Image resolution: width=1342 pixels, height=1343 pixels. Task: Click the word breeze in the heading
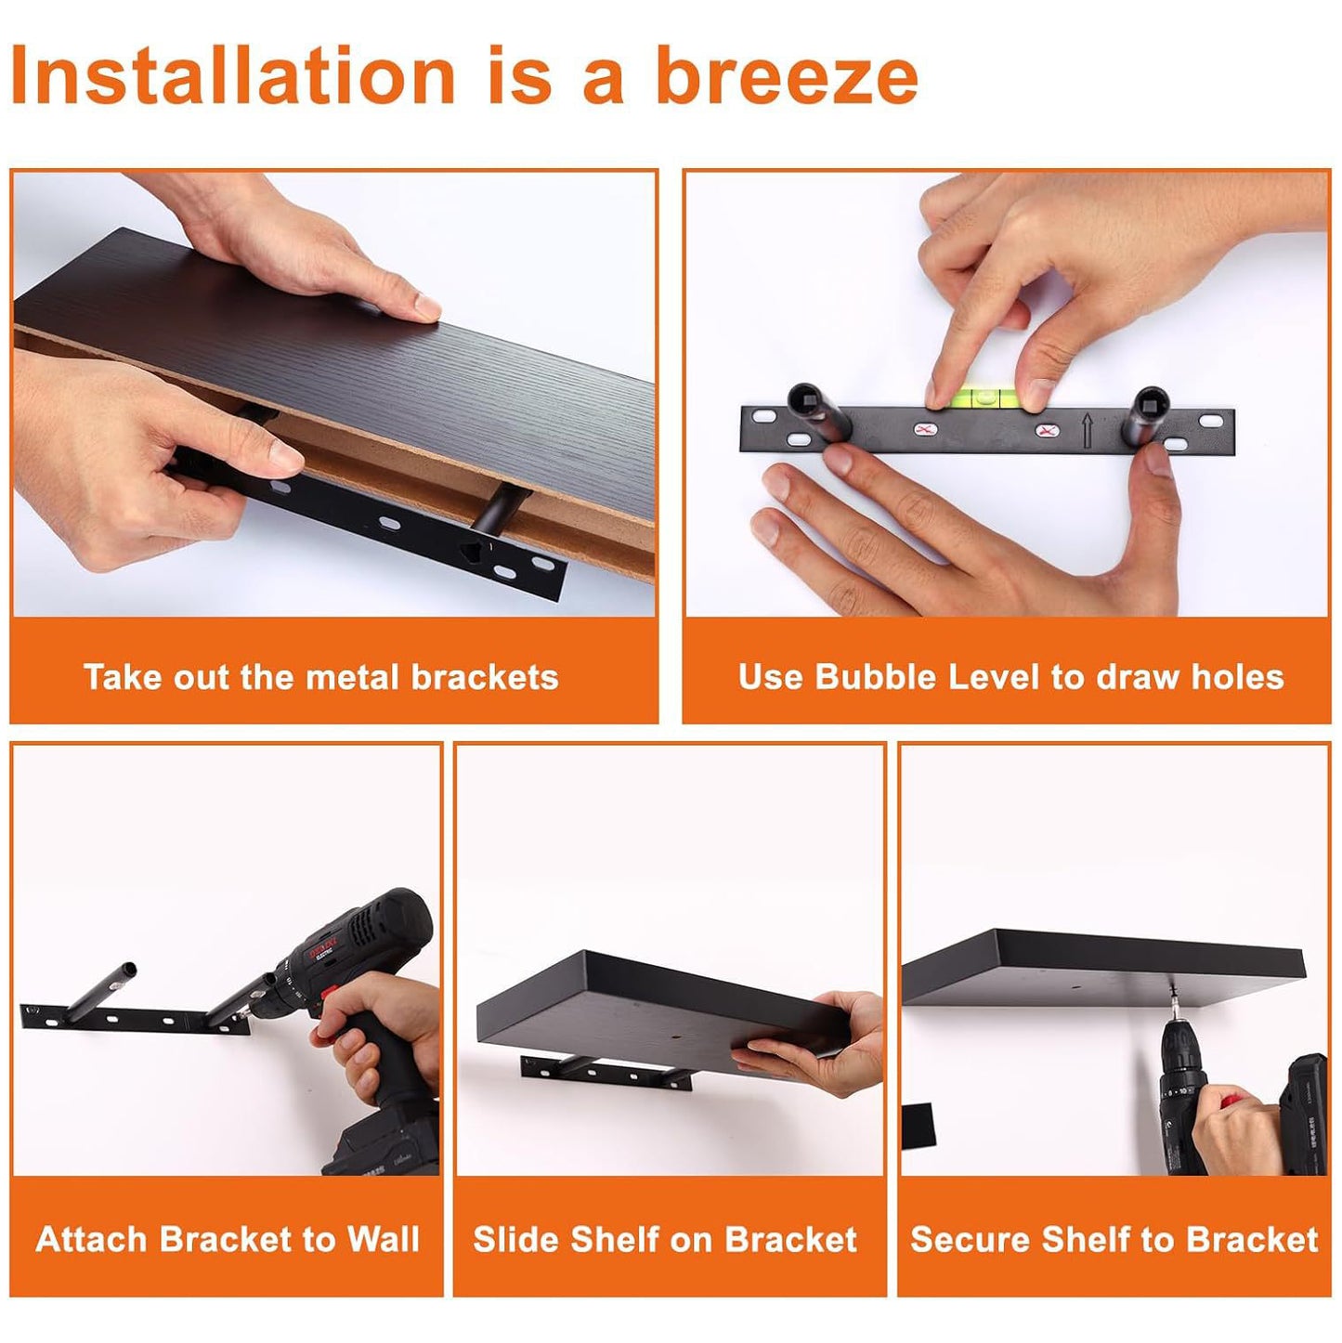coord(786,74)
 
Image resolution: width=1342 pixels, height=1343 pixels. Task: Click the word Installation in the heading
coord(233,74)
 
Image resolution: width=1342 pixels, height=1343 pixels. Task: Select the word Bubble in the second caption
coord(875,677)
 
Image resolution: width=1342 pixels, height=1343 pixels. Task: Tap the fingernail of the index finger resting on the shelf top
coord(426,306)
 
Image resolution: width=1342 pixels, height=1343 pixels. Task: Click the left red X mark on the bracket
coord(926,430)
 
